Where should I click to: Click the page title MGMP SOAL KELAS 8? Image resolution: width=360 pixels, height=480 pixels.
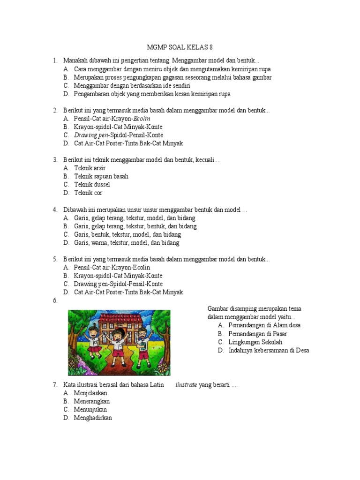pos(180,48)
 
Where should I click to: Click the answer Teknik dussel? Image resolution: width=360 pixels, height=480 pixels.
pos(92,185)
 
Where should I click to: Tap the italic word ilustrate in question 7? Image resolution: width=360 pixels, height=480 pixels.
pos(186,385)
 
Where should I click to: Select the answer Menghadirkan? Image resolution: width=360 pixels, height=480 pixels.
pos(93,418)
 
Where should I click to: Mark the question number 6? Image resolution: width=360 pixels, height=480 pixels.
pos(55,301)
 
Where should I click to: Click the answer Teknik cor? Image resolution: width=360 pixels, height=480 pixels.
pos(88,193)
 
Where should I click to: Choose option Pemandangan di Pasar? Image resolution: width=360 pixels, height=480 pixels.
pos(258,334)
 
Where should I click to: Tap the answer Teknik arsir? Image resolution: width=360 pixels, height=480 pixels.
pos(90,168)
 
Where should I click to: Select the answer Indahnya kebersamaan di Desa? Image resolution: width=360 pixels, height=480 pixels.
pos(269,350)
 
